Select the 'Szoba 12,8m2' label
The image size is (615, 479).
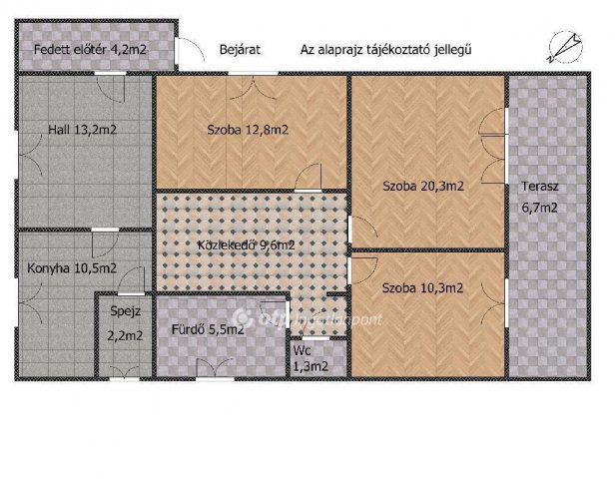point(249,129)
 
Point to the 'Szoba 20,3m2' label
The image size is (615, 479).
point(424,185)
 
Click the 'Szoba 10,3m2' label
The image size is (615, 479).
point(423,288)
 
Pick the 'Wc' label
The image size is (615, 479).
point(302,350)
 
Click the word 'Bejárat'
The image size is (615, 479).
point(240,48)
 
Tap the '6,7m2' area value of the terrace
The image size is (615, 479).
point(539,209)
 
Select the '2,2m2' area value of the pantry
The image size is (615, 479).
point(126,335)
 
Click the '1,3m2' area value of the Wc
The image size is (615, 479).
point(309,366)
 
